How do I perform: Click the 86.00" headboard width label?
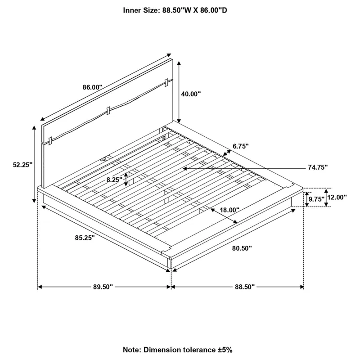[92, 87]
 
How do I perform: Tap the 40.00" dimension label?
[191, 94]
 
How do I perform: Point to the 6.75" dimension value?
[241, 146]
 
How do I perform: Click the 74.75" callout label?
[318, 167]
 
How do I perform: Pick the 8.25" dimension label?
[115, 180]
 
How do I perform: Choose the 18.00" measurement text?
[229, 210]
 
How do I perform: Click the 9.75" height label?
[316, 199]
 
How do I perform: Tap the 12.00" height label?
[337, 197]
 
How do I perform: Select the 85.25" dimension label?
[85, 238]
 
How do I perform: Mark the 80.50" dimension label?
[242, 248]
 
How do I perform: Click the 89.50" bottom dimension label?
[103, 287]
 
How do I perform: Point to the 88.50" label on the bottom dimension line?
[245, 287]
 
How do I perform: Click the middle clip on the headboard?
[108, 111]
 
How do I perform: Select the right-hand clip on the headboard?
[166, 83]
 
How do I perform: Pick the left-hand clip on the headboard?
[51, 141]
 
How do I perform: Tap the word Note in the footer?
[132, 350]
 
